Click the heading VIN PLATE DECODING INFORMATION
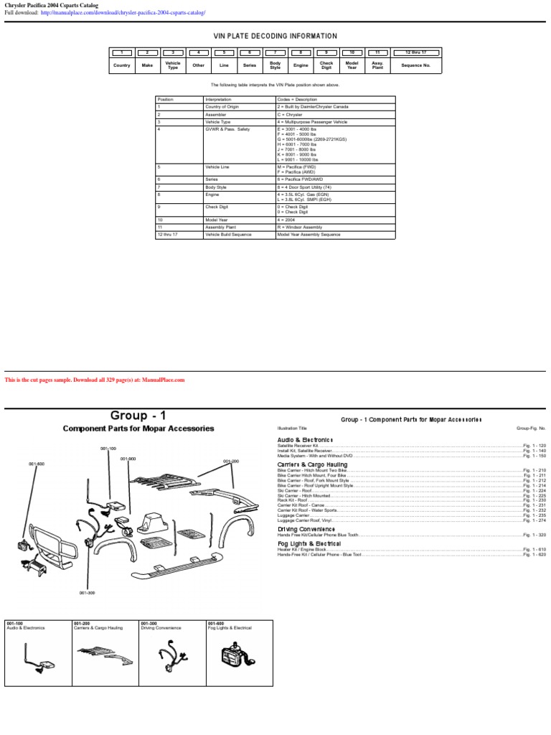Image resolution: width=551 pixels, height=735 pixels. (x=275, y=37)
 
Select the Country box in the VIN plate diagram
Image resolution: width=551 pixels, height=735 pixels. (x=122, y=65)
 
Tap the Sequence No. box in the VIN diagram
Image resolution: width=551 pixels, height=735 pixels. (x=416, y=65)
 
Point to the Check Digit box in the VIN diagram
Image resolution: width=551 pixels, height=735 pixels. (x=326, y=65)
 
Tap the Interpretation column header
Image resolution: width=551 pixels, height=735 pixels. (x=219, y=100)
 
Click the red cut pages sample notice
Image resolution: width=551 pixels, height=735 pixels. (x=95, y=380)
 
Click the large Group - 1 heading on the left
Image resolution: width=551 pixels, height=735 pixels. (x=138, y=416)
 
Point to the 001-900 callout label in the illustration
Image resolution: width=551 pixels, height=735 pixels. (x=128, y=459)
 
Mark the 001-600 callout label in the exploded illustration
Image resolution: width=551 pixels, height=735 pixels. (x=37, y=464)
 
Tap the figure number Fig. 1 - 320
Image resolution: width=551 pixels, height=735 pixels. (x=534, y=535)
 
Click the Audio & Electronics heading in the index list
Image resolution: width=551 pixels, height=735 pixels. (x=305, y=439)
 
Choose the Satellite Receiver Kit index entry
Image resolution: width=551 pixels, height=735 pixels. (x=298, y=446)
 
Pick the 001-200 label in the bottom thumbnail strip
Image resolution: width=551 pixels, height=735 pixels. (x=80, y=624)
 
